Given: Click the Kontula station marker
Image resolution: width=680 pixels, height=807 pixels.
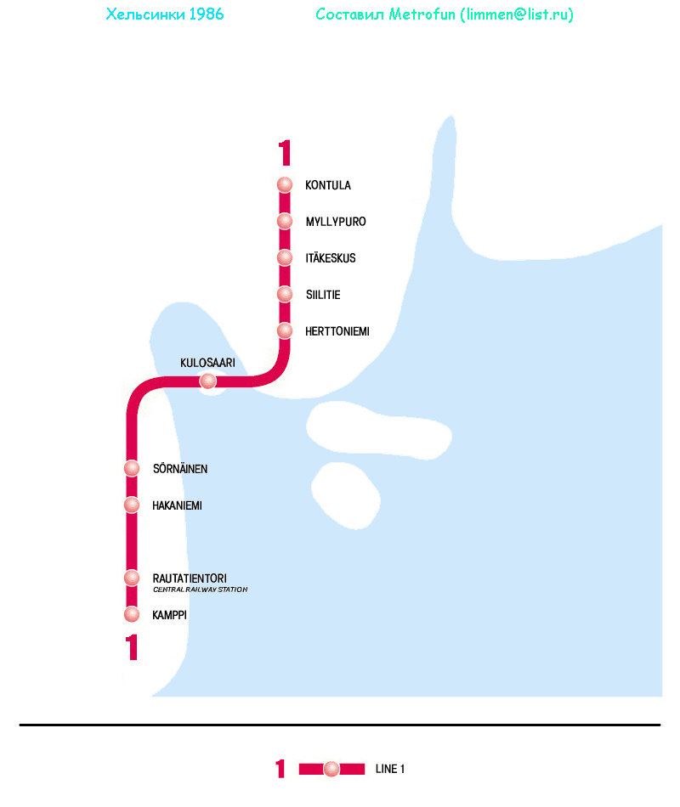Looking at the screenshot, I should [285, 185].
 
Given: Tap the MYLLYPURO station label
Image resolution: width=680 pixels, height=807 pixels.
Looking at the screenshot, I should [336, 222].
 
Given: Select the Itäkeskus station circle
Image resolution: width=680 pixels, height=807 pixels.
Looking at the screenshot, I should [285, 258].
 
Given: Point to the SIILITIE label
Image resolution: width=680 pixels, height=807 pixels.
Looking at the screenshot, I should [323, 295].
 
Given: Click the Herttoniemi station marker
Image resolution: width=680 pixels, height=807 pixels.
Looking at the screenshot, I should [285, 331].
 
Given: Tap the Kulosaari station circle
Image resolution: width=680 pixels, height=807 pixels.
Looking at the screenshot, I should [208, 381].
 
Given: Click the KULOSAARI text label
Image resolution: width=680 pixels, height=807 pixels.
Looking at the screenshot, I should [207, 363].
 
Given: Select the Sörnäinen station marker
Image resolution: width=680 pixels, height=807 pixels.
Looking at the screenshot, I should [132, 469].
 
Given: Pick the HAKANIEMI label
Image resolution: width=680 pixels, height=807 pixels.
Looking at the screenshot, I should [177, 505].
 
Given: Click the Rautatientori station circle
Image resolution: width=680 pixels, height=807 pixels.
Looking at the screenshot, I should [132, 578].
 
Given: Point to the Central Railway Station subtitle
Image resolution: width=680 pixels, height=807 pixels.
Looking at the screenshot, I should [200, 590].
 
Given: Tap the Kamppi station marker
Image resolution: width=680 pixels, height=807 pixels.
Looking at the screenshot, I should [132, 614].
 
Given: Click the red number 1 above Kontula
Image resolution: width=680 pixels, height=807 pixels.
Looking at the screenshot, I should [285, 153].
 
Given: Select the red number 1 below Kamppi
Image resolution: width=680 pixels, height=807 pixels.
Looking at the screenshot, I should [132, 648].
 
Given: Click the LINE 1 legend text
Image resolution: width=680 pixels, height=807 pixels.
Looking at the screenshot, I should [390, 770].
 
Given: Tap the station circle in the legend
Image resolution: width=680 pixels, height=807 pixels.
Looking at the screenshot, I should [331, 770].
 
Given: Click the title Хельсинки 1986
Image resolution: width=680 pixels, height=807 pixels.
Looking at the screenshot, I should [165, 15].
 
